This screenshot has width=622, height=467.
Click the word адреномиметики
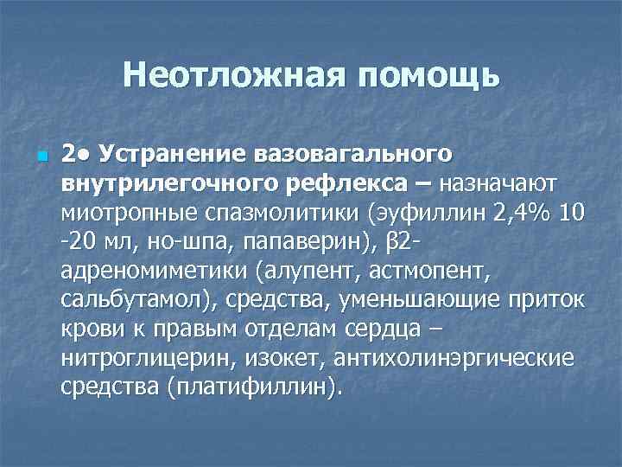point(155,271)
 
